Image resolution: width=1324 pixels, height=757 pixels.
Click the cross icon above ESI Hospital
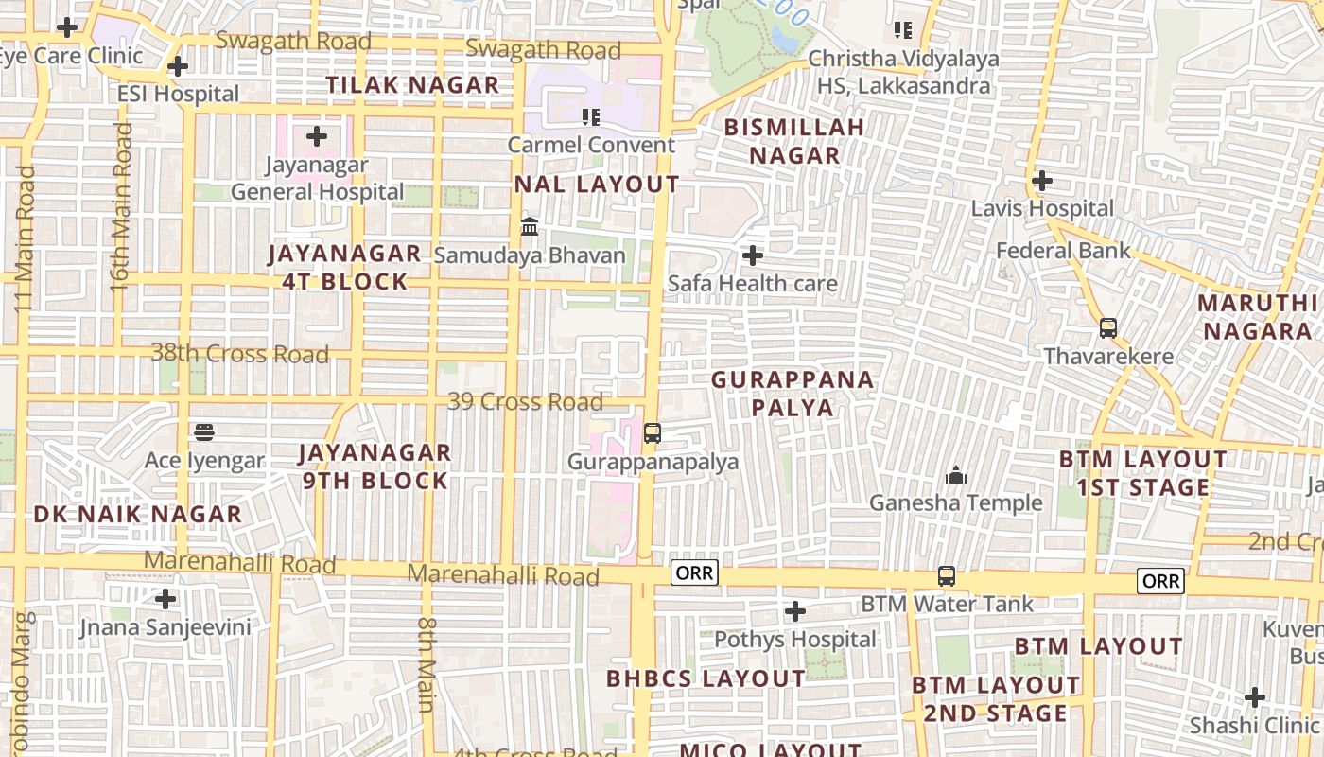click(177, 66)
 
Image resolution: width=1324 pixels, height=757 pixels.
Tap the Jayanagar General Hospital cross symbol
click(317, 136)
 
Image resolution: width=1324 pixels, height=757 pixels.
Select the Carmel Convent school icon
click(591, 117)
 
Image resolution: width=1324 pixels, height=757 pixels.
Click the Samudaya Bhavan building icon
click(530, 227)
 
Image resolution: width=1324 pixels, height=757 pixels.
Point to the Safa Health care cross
click(753, 255)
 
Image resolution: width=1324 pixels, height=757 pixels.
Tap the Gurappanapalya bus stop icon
click(653, 433)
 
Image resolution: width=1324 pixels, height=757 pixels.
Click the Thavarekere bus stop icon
click(1108, 328)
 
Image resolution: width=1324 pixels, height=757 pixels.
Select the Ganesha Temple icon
click(956, 474)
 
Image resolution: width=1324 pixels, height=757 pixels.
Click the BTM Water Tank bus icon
click(946, 575)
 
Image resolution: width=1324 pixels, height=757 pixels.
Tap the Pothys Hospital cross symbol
click(795, 611)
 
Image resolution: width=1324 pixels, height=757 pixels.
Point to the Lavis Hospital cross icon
click(1042, 180)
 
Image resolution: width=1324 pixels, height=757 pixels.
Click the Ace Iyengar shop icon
click(204, 432)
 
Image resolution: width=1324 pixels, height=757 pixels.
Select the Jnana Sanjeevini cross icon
click(165, 599)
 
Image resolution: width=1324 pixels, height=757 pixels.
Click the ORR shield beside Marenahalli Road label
click(694, 572)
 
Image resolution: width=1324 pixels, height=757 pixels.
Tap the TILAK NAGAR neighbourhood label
click(412, 85)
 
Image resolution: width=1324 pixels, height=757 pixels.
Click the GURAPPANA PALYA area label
click(793, 394)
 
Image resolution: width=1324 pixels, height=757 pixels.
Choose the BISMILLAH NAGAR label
click(794, 141)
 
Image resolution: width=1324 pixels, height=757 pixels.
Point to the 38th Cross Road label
click(240, 354)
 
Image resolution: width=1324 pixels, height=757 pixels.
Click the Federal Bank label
click(1064, 251)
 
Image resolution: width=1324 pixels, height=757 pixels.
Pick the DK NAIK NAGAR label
click(138, 515)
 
